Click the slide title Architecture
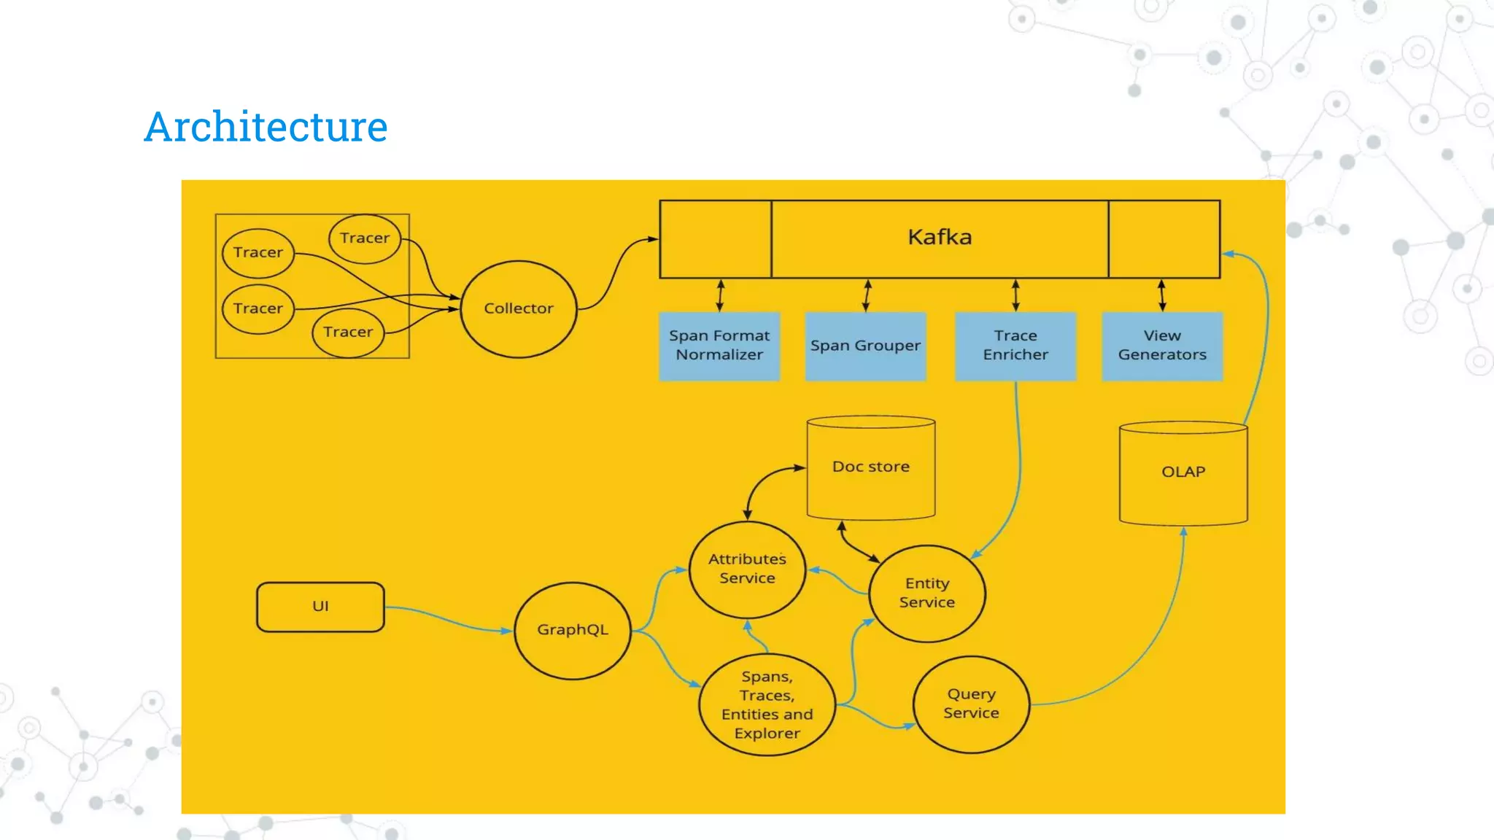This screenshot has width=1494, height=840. coord(266,127)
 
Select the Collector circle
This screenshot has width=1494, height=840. coord(519,309)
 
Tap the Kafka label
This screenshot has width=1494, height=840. coord(940,237)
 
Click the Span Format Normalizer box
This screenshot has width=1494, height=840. coord(719,346)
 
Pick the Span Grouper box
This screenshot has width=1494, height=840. coord(865,346)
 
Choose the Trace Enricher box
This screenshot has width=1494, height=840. coord(1015,346)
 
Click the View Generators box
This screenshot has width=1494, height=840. coord(1162,346)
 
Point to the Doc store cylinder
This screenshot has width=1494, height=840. coord(871,467)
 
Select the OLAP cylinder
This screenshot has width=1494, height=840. coord(1183,472)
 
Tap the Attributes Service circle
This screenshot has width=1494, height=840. coord(747,569)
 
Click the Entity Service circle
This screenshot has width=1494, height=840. coord(927,593)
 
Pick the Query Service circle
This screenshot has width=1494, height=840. coord(971,704)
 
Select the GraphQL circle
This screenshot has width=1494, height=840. coord(573,630)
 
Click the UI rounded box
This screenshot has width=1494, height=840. coord(320,606)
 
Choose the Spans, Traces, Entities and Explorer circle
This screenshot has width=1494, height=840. coord(767,705)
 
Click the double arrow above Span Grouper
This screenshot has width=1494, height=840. coord(867,295)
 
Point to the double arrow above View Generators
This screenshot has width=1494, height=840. coord(1162,295)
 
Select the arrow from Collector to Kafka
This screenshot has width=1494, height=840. coord(614,270)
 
